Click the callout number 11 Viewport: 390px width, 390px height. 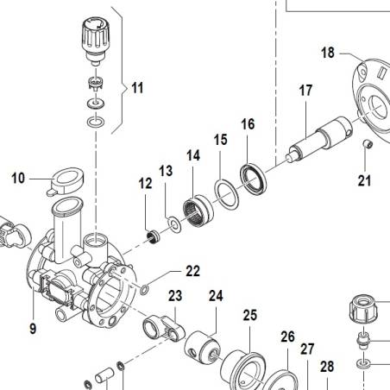[137, 88]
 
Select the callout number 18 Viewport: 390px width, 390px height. [328, 53]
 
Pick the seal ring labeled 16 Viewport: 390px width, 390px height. [254, 179]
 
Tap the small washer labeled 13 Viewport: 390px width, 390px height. [174, 224]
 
